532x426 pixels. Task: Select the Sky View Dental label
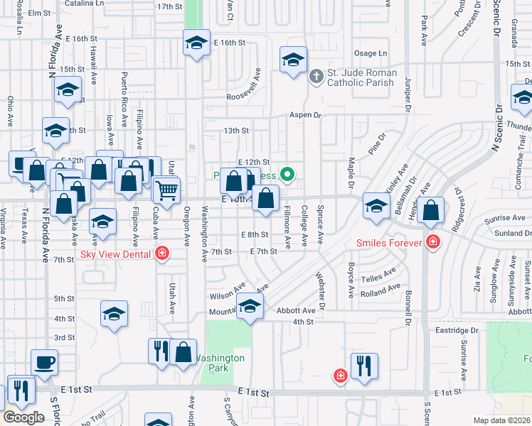[x=115, y=253]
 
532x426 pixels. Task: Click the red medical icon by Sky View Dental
[x=163, y=253]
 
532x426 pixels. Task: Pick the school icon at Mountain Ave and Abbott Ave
[x=250, y=306]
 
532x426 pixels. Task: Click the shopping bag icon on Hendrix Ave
[x=430, y=210]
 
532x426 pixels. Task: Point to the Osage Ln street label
[x=371, y=53]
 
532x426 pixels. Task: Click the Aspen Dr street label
[x=305, y=114]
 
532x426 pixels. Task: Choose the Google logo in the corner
[x=23, y=417]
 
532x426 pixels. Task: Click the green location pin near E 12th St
[x=287, y=173]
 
